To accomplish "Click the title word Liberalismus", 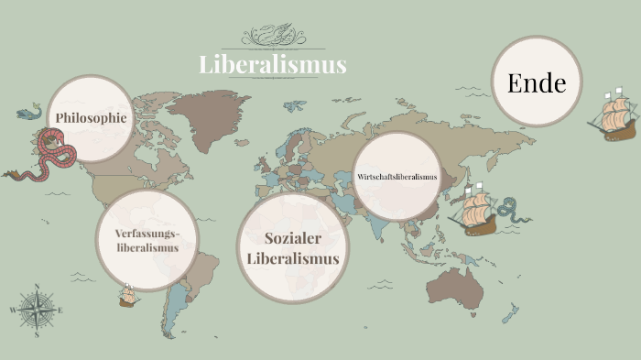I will coord(273,64).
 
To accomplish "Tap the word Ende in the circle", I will coord(537,84).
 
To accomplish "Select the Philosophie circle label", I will coord(91,118).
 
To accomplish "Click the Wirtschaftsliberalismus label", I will coord(397,176).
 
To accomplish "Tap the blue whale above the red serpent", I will coord(30,114).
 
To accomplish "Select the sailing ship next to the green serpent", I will coord(476,211).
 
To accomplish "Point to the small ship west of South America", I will coord(127,296).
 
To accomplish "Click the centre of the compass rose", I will coord(37,311).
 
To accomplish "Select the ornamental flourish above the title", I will coord(273,38).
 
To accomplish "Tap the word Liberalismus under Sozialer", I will coord(293,259).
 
